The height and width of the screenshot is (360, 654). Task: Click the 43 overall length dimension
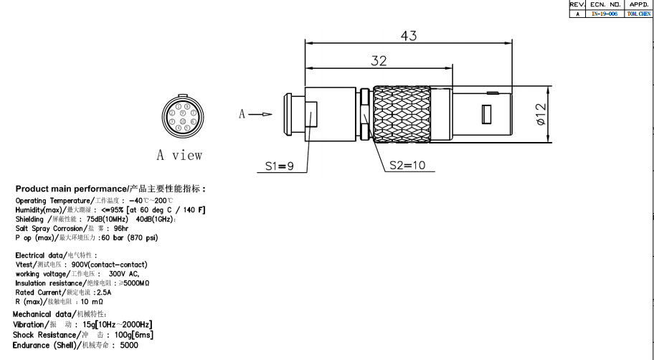(x=409, y=36)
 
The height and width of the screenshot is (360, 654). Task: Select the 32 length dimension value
(x=379, y=61)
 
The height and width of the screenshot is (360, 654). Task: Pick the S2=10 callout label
(x=407, y=165)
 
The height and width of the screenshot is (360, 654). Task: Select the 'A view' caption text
(x=179, y=155)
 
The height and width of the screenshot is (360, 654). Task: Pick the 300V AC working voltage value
(x=123, y=273)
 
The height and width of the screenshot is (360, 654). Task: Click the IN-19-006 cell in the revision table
(x=604, y=14)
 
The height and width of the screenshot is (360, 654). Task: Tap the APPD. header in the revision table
(x=638, y=4)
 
